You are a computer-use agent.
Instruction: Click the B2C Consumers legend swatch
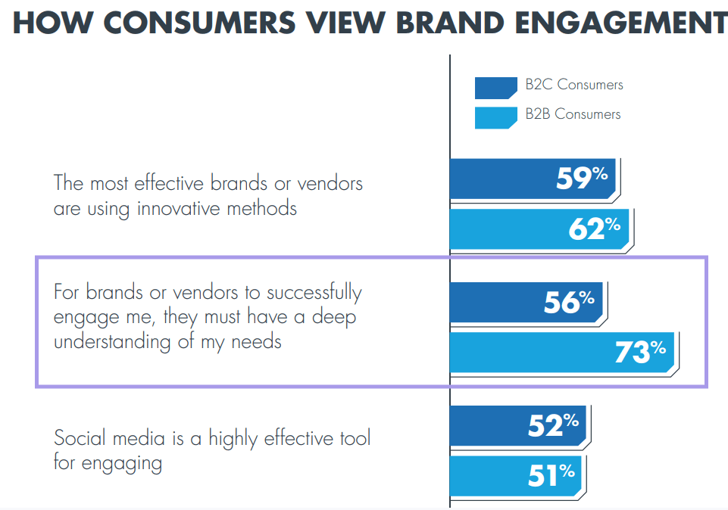coord(495,87)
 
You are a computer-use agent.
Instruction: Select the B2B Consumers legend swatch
coord(495,117)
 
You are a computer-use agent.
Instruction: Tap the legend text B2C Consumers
coord(573,85)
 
